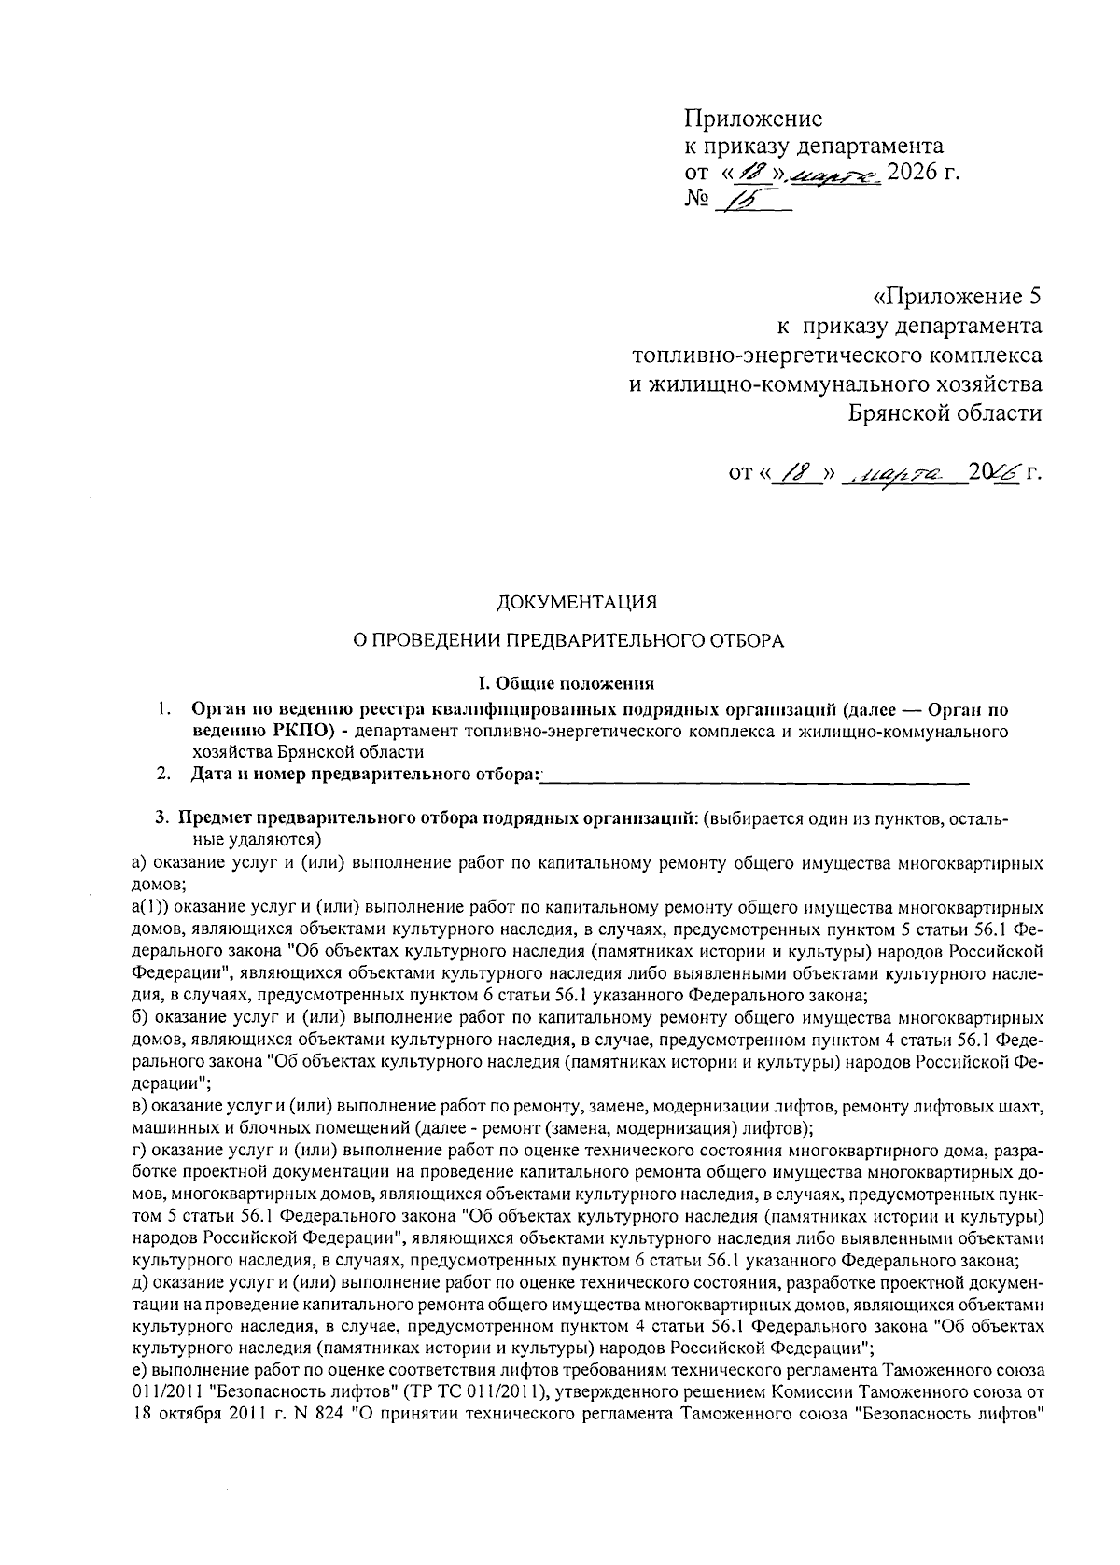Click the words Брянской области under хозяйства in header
click(945, 412)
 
